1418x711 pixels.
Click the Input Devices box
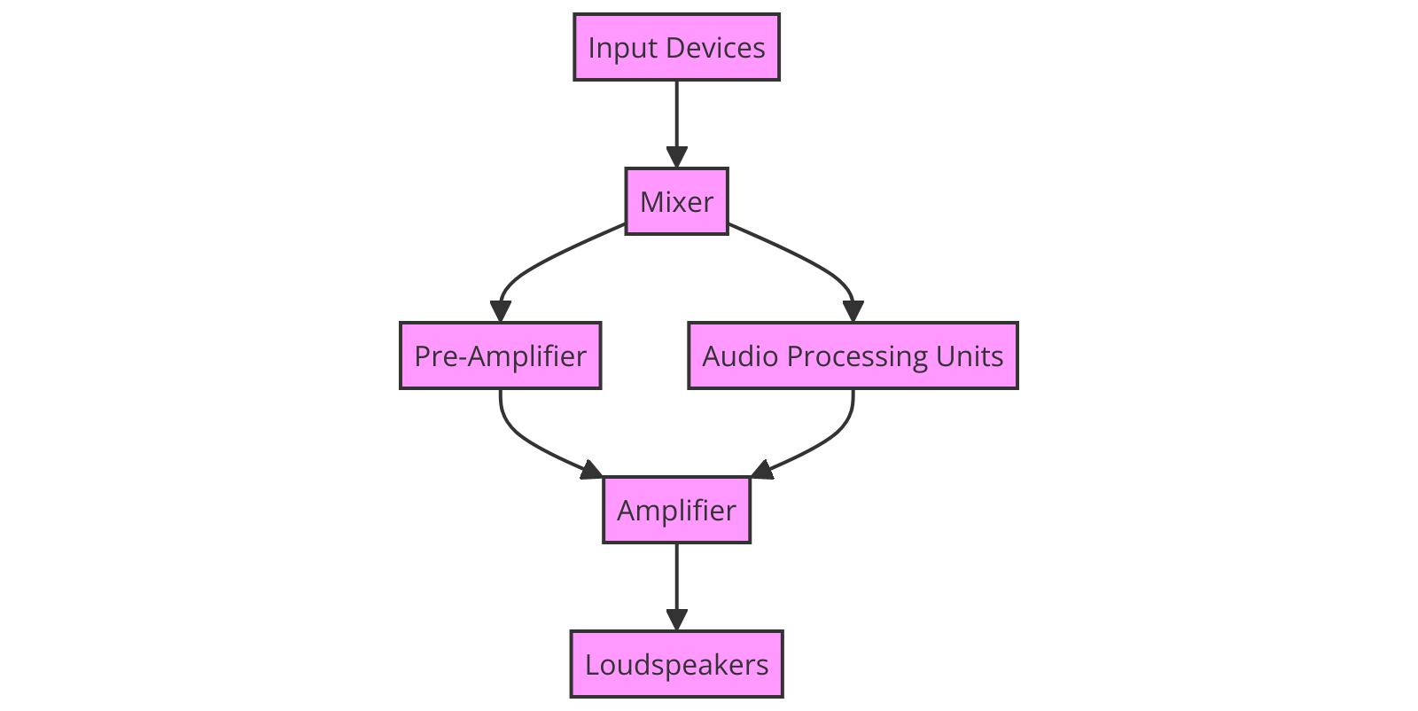(x=676, y=47)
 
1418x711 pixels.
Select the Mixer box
(x=676, y=201)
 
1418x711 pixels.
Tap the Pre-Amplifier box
(x=500, y=355)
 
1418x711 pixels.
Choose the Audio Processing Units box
(x=853, y=355)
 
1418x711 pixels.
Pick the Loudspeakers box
(x=676, y=664)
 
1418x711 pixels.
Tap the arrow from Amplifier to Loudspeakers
(x=676, y=581)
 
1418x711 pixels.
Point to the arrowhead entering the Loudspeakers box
(x=676, y=620)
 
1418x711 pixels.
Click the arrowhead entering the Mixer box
(x=676, y=157)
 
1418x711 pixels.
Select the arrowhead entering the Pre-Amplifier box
(x=501, y=311)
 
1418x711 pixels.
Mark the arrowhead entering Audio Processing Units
(x=853, y=311)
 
